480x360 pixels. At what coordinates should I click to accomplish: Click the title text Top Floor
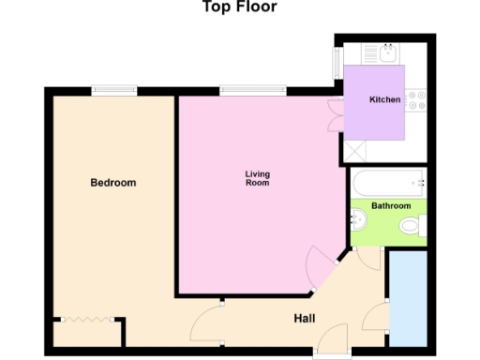pos(239,7)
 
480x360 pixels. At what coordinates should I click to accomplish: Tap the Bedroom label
pos(112,183)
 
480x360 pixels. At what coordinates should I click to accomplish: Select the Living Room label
pos(257,178)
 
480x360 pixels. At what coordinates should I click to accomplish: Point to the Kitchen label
pos(385,99)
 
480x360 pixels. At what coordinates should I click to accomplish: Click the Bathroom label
pos(390,205)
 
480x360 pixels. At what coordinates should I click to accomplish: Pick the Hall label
pos(304,319)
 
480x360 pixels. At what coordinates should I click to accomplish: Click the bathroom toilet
pos(410,225)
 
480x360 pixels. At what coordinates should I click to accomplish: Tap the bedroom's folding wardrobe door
pos(89,321)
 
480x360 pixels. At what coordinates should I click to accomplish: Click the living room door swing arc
pos(319,262)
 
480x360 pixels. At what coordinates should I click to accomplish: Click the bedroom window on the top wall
pos(110,90)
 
